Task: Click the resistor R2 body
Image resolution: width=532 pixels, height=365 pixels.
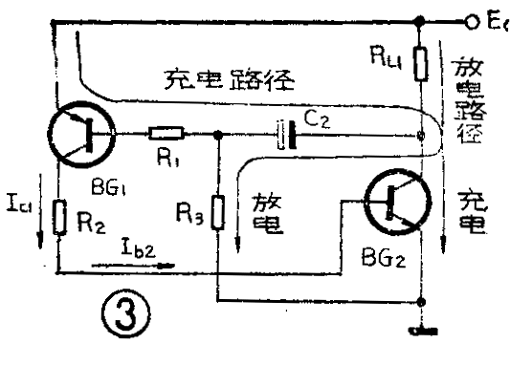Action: pos(59,218)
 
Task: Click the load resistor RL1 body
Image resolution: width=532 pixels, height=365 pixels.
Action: pos(421,65)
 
